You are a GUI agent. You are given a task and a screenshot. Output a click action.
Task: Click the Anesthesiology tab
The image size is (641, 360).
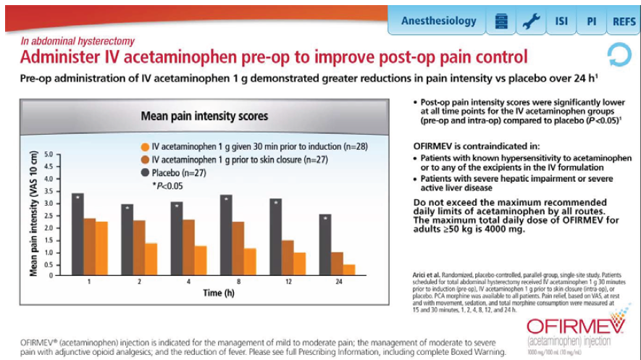pos(439,21)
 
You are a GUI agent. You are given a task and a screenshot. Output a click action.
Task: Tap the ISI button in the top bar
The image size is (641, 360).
pos(561,21)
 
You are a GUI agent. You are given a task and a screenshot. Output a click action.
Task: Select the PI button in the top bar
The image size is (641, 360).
pos(591,21)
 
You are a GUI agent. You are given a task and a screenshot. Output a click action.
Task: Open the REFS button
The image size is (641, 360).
pos(624,21)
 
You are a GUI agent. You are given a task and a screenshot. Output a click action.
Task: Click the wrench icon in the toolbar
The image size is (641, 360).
pos(531,21)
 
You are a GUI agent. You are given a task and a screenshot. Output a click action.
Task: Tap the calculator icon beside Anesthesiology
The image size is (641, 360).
pos(500,21)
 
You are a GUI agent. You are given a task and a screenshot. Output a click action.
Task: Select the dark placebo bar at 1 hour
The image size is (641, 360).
pos(77,233)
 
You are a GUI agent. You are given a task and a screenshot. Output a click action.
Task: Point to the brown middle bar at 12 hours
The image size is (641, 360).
pos(288,256)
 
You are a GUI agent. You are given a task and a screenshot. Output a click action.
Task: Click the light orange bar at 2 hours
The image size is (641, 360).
pos(151,257)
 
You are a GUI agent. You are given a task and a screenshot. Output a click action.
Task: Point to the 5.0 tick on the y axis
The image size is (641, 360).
pos(50,154)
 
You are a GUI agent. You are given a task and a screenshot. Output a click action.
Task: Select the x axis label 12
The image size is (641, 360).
pos(288,280)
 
